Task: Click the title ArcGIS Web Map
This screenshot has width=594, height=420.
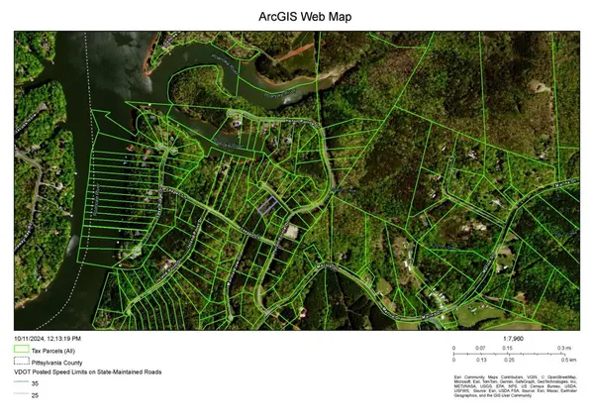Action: (297, 17)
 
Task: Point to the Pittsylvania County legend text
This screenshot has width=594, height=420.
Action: (59, 362)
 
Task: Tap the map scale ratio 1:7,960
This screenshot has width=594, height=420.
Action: (512, 340)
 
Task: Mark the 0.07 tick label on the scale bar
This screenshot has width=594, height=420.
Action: (480, 349)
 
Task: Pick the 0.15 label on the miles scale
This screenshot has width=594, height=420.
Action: (508, 349)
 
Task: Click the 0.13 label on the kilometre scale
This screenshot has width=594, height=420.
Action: (480, 361)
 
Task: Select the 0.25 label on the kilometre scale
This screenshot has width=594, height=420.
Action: (508, 361)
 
